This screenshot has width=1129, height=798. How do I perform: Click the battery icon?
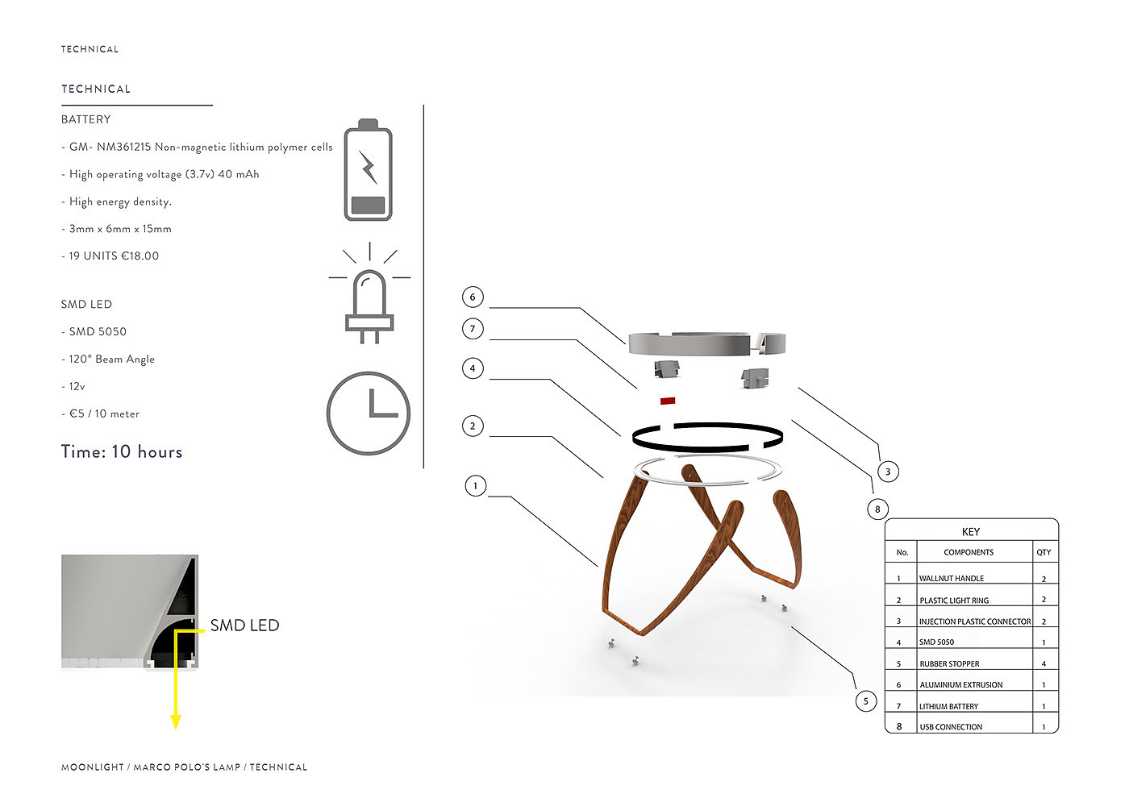click(368, 171)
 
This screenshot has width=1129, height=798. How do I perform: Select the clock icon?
click(369, 413)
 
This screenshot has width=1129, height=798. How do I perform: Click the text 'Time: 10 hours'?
click(122, 452)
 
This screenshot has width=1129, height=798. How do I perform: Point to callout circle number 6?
click(473, 297)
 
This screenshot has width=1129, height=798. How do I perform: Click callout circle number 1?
click(476, 485)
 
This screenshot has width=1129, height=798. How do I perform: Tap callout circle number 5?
click(866, 700)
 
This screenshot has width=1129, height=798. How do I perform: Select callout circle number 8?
click(877, 509)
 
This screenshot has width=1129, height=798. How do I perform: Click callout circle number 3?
click(888, 472)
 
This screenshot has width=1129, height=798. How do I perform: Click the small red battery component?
click(668, 400)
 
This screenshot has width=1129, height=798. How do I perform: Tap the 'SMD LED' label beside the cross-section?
click(244, 626)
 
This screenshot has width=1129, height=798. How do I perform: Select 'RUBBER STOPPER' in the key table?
click(949, 664)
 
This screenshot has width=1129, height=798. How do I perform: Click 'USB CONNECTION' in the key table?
click(951, 727)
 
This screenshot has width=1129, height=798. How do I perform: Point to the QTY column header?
click(1044, 552)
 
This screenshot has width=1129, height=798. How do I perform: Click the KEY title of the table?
click(971, 532)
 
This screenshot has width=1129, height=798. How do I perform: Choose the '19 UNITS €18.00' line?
click(114, 256)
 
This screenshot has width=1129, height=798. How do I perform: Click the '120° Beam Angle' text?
click(111, 360)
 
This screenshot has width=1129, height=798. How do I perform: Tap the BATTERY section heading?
click(86, 119)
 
